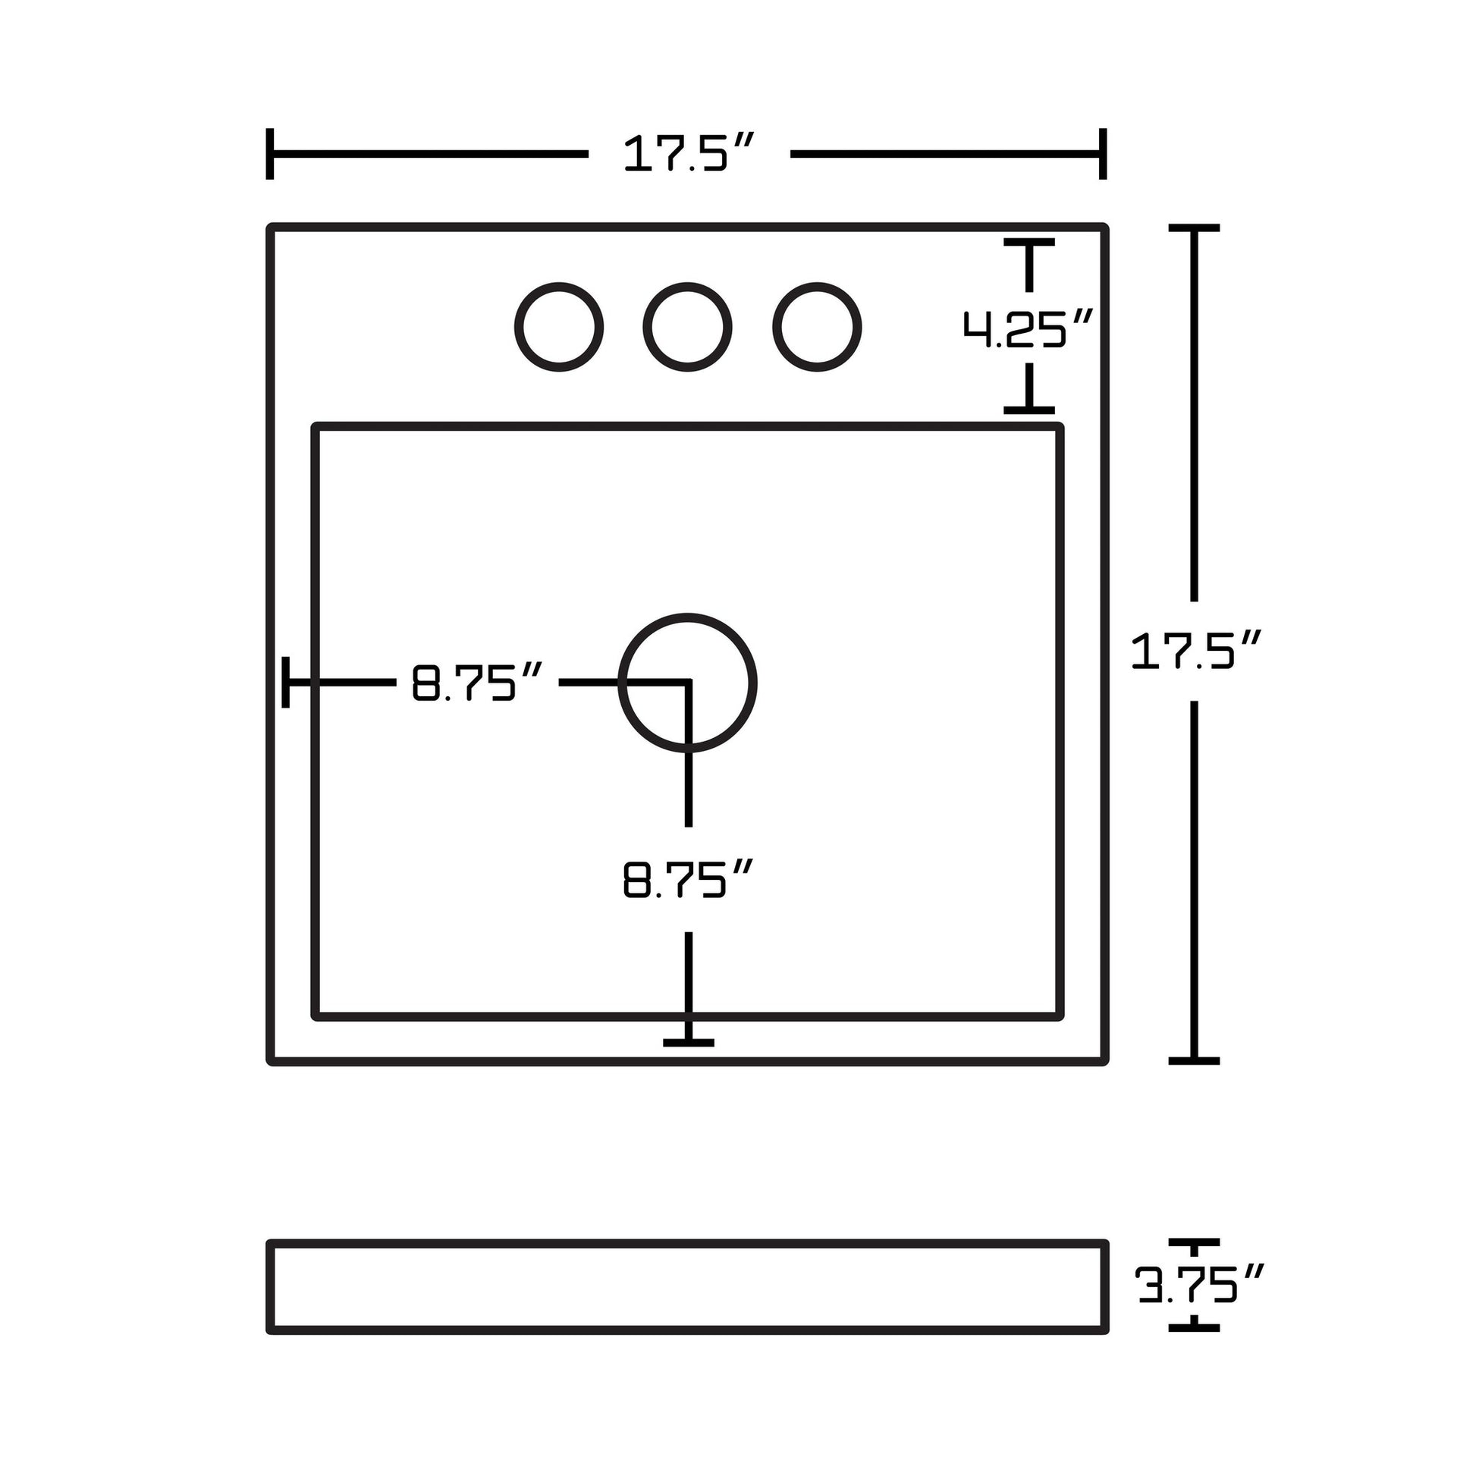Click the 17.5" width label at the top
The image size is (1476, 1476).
point(689,153)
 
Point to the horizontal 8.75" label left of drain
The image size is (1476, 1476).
point(477,682)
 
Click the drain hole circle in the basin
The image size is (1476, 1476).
point(687,682)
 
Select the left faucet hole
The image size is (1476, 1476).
point(558,327)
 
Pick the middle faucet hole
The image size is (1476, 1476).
point(687,327)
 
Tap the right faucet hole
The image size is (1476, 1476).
point(817,327)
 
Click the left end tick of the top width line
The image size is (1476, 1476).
point(270,153)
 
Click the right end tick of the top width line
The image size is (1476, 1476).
point(1102,153)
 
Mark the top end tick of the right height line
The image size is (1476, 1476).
point(1193,228)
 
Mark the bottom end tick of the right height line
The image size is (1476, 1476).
point(1193,1060)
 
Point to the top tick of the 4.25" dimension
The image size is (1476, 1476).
point(1028,242)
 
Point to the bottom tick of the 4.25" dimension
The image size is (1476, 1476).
point(1028,410)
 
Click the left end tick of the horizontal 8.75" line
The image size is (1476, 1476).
point(286,682)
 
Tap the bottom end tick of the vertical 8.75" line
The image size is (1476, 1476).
point(689,1042)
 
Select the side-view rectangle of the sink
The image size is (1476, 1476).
point(687,1286)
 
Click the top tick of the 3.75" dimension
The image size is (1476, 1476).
point(1193,1243)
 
